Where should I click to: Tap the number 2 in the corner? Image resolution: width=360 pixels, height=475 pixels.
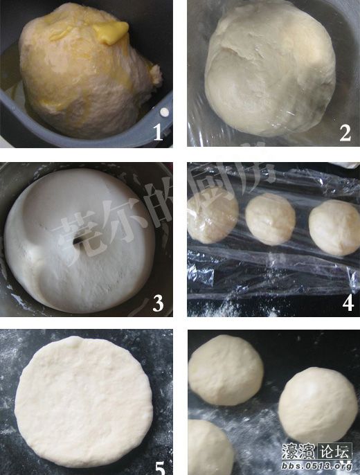(345, 133)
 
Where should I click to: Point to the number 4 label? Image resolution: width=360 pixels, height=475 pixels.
(347, 302)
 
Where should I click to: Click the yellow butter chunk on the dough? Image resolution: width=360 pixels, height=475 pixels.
(111, 31)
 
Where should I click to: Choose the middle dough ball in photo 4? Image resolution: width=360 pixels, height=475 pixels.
(270, 218)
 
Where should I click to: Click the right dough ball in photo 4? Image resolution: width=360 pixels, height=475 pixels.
(334, 226)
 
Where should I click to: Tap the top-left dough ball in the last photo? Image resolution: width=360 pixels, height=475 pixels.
(225, 370)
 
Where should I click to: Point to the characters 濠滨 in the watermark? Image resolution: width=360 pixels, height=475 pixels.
(298, 452)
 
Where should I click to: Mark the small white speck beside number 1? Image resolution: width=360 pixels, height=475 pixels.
(164, 112)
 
